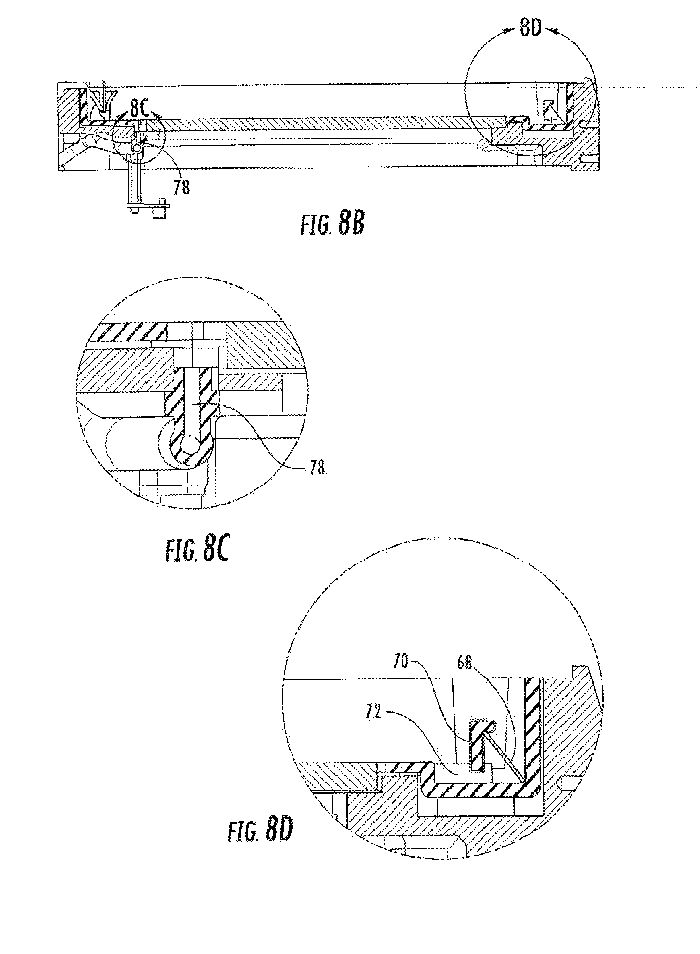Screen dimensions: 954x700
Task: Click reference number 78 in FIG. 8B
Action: click(x=181, y=187)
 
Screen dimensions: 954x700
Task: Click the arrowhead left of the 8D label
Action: click(x=510, y=32)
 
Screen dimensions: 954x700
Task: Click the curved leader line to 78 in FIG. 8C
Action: click(x=263, y=441)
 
